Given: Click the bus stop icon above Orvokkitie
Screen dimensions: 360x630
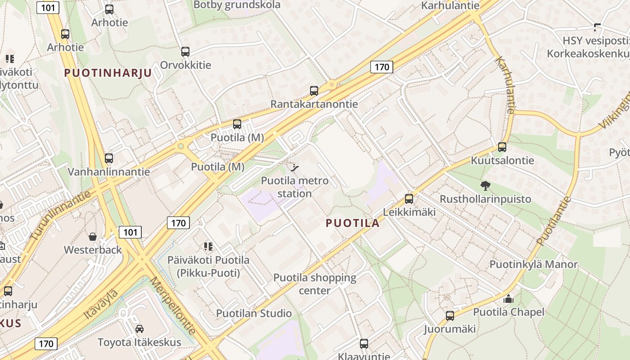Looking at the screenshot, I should [185, 52].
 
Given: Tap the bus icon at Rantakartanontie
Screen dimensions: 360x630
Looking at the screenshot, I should [314, 91].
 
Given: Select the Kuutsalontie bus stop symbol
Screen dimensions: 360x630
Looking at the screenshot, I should [502, 147].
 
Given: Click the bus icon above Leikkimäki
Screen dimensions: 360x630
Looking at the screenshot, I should [409, 198].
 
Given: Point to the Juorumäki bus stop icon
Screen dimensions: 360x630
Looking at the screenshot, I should [450, 316].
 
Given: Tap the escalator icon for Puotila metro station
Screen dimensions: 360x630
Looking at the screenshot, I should [295, 168].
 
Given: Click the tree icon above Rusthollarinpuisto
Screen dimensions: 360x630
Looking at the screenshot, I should [485, 185].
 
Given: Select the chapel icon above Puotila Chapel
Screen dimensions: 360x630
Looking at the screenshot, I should [508, 299].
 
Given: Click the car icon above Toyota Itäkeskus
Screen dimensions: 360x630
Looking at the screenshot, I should [139, 329].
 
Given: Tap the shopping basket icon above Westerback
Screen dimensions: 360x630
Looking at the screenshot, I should [93, 237].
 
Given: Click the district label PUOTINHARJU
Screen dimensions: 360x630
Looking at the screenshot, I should [108, 73].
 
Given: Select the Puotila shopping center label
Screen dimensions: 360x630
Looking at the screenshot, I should [315, 284].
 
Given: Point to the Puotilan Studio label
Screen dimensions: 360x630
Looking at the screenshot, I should [254, 313].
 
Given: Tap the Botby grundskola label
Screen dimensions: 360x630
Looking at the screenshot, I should [237, 5].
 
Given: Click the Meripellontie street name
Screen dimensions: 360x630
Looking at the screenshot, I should [173, 306].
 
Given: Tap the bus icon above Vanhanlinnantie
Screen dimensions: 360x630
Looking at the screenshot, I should [109, 158].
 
